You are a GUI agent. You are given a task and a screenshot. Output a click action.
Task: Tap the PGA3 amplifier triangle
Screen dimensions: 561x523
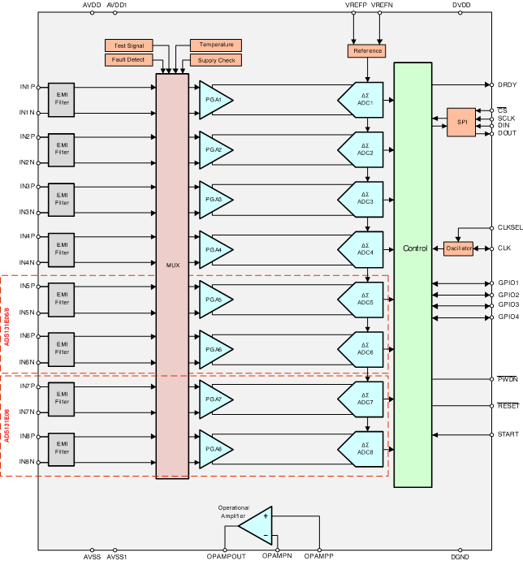point(214,199)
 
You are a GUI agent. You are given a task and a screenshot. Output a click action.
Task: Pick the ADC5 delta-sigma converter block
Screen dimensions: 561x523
point(362,299)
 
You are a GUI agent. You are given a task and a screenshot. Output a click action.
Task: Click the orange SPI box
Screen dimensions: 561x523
point(461,122)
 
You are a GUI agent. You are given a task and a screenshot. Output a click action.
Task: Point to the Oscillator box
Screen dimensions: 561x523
point(458,248)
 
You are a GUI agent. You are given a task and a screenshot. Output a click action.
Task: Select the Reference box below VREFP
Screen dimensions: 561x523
point(367,51)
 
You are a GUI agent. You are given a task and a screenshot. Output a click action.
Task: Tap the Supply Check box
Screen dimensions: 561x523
point(215,60)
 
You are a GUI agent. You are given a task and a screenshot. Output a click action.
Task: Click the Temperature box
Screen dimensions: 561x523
point(215,45)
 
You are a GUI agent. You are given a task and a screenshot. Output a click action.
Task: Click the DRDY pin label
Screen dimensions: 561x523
point(507,84)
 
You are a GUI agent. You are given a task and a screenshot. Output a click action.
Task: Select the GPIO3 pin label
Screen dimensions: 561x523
point(508,305)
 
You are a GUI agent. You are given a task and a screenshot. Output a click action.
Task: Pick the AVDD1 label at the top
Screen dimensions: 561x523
point(117,5)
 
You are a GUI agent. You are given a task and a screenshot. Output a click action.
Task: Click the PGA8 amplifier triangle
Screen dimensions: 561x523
point(214,449)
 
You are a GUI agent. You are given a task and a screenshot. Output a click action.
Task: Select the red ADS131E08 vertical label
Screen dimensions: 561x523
point(7,425)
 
